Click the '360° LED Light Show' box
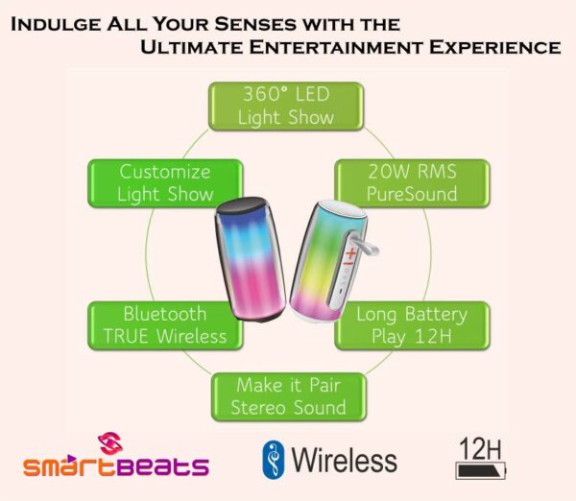[x=286, y=107]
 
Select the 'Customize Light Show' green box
[x=165, y=183]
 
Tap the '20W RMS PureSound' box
[x=412, y=183]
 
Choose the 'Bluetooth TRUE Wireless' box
[x=165, y=325]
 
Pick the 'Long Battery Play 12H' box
[x=412, y=325]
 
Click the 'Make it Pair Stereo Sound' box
[x=289, y=397]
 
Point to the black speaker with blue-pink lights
[x=251, y=259]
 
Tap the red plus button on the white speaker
[x=351, y=252]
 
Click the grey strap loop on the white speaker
[x=365, y=244]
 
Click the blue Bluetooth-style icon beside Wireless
[x=274, y=460]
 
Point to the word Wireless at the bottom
[x=345, y=460]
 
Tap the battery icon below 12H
[x=481, y=470]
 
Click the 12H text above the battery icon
[x=480, y=448]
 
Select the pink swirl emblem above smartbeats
[x=110, y=443]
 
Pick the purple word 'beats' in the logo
[x=163, y=465]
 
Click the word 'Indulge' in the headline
[x=56, y=24]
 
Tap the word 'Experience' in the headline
[x=494, y=47]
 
